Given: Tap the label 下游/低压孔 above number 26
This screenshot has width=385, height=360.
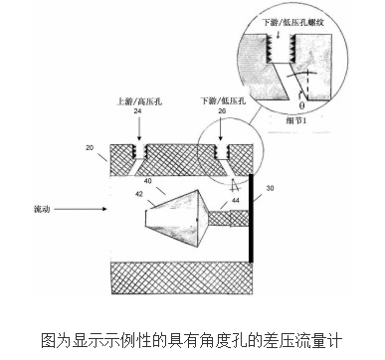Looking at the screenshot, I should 222,99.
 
